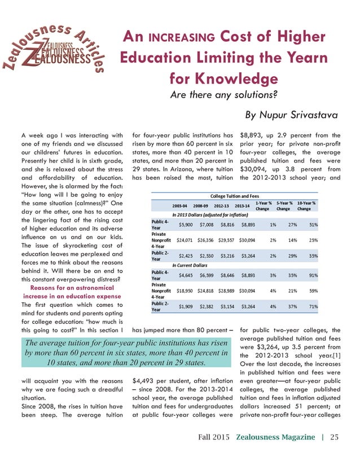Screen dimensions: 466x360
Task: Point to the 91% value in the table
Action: pos(312,275)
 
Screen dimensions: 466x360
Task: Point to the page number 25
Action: pos(335,437)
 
